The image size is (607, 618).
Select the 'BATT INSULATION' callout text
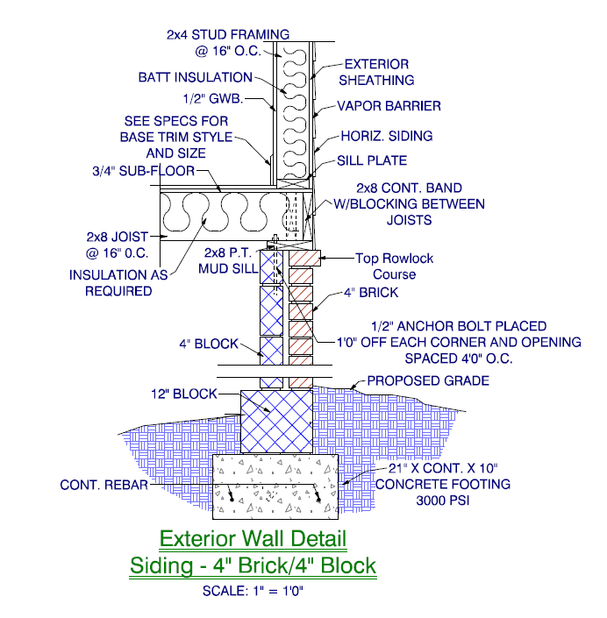pyautogui.click(x=195, y=77)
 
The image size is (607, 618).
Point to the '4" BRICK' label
pyautogui.click(x=374, y=292)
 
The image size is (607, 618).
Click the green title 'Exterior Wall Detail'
pyautogui.click(x=253, y=537)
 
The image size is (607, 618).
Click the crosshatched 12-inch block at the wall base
pyautogui.click(x=277, y=421)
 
